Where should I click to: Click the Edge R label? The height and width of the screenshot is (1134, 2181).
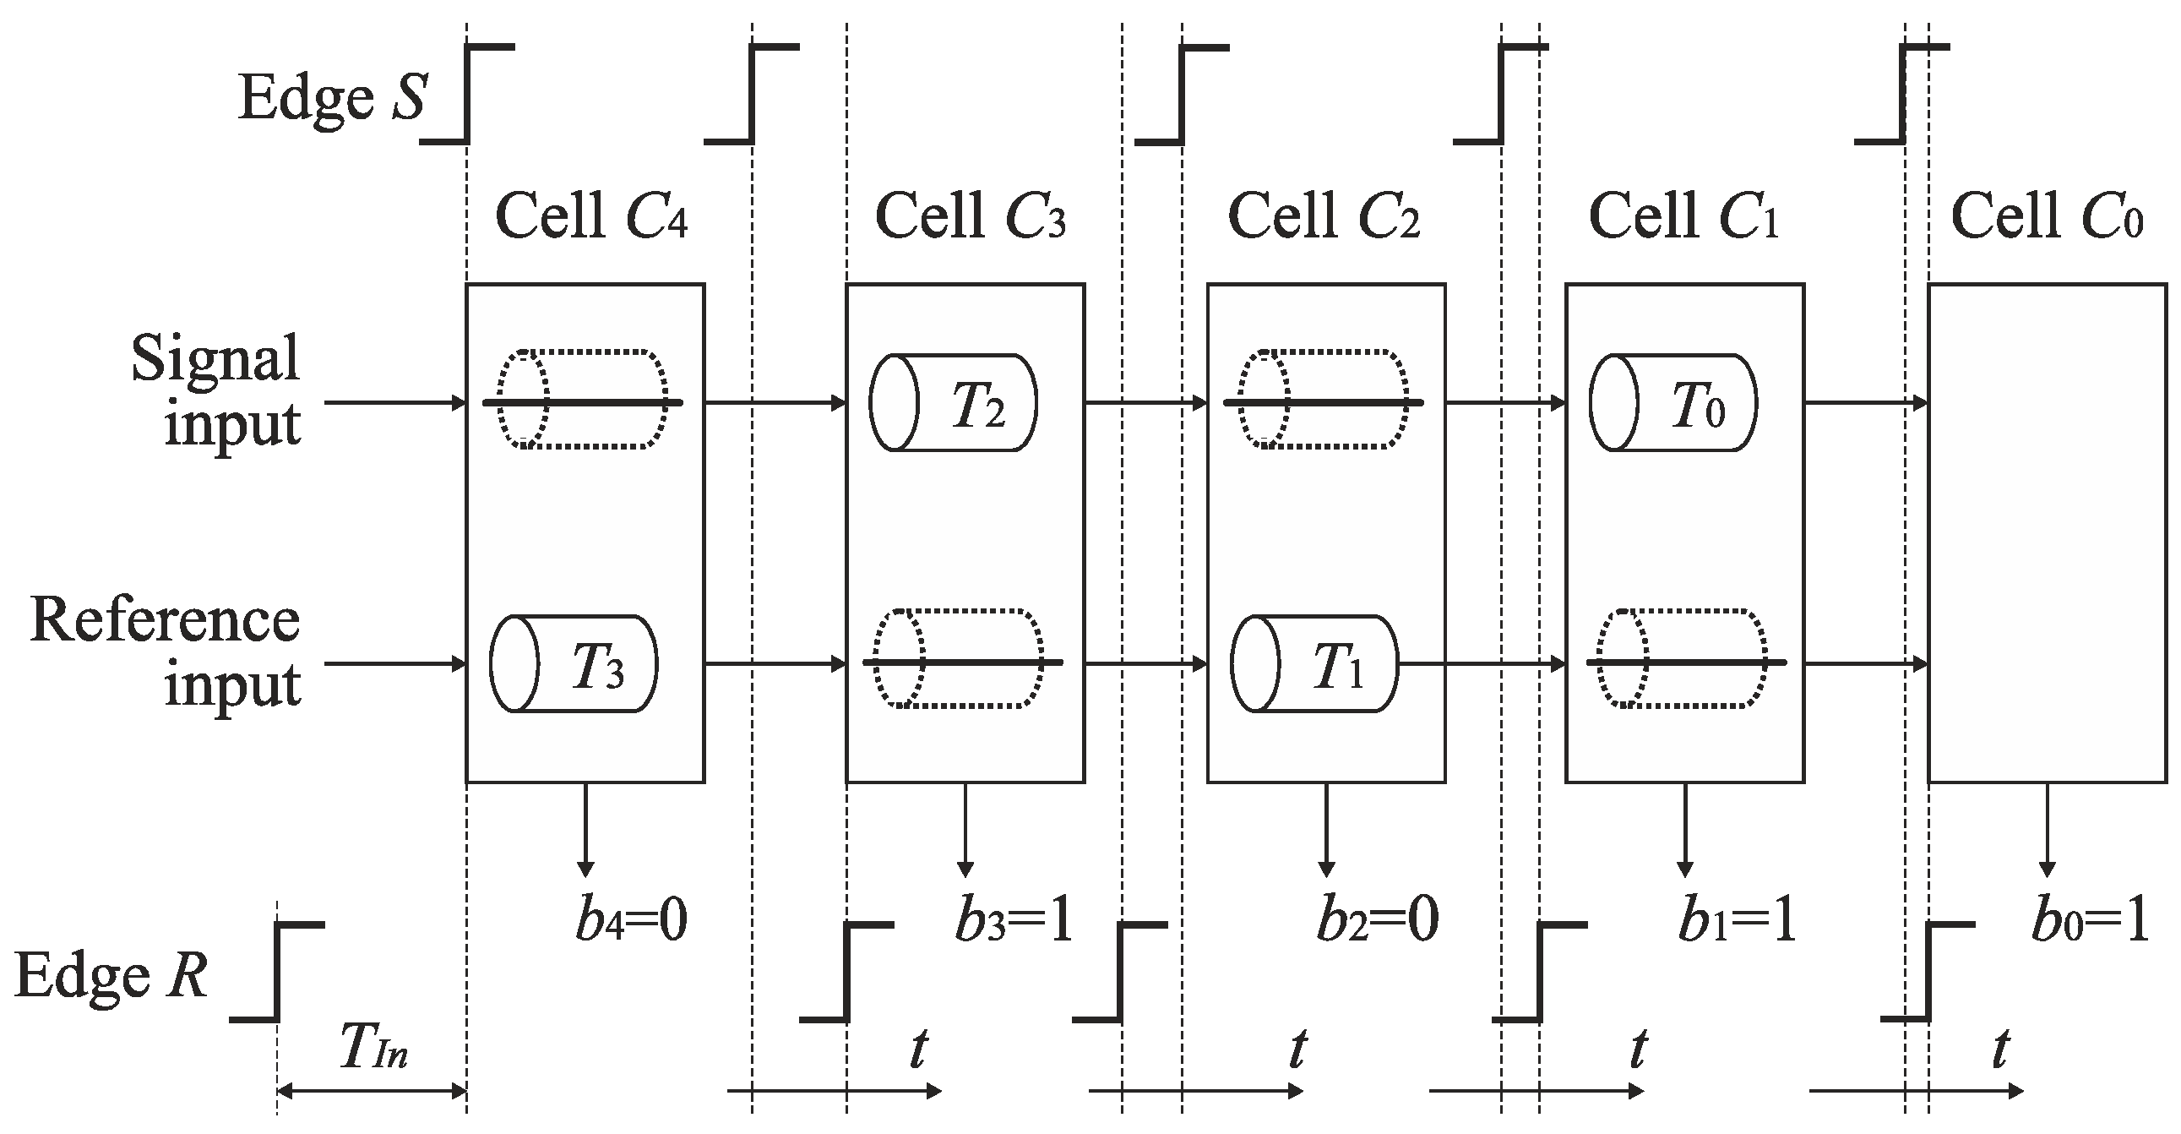(x=111, y=977)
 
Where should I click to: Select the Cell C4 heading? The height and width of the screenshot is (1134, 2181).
(x=590, y=216)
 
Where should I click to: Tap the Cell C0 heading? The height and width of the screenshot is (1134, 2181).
(x=2047, y=216)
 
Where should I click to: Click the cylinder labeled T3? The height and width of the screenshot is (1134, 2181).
(x=574, y=664)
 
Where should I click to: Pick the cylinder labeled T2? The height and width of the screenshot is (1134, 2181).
(x=954, y=403)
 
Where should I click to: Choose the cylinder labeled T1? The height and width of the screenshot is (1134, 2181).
(x=1314, y=664)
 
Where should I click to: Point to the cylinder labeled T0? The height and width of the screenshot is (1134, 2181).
(x=1674, y=403)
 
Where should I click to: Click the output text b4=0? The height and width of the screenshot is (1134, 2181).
(x=631, y=920)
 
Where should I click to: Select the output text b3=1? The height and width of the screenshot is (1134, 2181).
(x=1014, y=920)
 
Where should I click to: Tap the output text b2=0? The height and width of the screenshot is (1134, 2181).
(x=1378, y=920)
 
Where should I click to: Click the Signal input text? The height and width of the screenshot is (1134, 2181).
(x=217, y=390)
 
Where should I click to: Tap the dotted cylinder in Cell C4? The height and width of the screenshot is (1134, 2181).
(x=583, y=399)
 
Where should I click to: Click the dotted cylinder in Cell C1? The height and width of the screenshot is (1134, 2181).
(x=1683, y=659)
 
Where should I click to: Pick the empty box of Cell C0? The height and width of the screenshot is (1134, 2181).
(x=2048, y=533)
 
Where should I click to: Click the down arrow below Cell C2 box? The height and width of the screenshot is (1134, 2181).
(x=1327, y=830)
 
